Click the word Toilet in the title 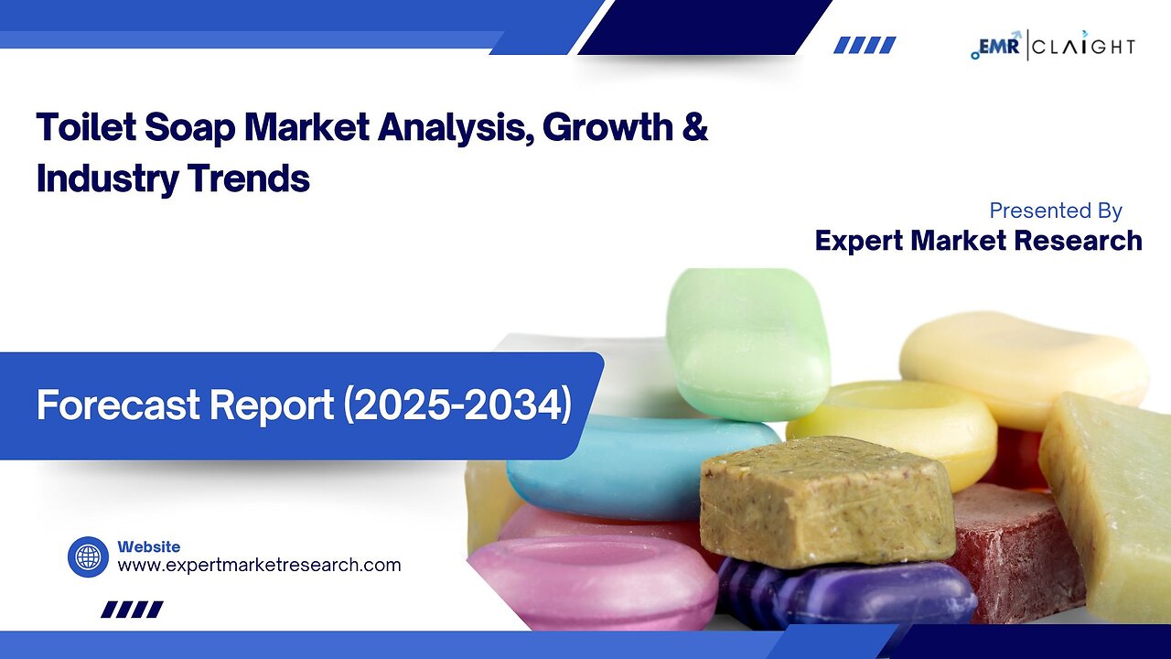point(86,127)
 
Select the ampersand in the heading point(695,126)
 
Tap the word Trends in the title point(248,178)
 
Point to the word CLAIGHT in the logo point(1084,47)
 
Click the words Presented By point(1056,211)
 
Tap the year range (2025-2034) point(457,405)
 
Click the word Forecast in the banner point(119,405)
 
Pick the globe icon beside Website point(89,557)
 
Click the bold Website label point(149,546)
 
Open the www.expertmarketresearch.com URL point(259,566)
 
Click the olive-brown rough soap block point(829,502)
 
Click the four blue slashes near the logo point(865,45)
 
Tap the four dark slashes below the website point(133,610)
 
